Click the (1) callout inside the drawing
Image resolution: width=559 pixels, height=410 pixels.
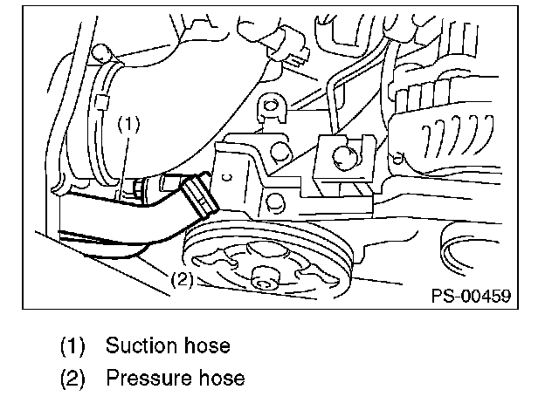128,124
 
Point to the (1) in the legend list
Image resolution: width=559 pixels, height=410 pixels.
72,346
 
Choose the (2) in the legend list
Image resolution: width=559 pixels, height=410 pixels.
72,379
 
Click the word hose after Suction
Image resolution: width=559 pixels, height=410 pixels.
206,345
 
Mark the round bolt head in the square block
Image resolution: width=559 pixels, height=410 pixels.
342,157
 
